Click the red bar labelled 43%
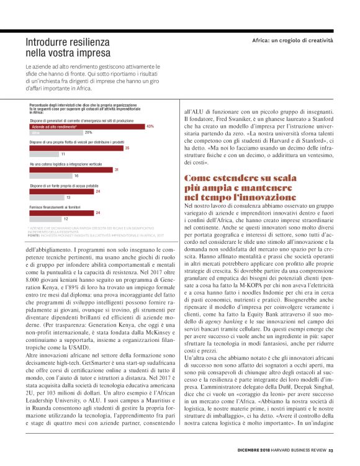87,126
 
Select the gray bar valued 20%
56,133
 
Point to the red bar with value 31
71,169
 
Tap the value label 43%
150,126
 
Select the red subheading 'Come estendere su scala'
240,178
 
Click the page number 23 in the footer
331,450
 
